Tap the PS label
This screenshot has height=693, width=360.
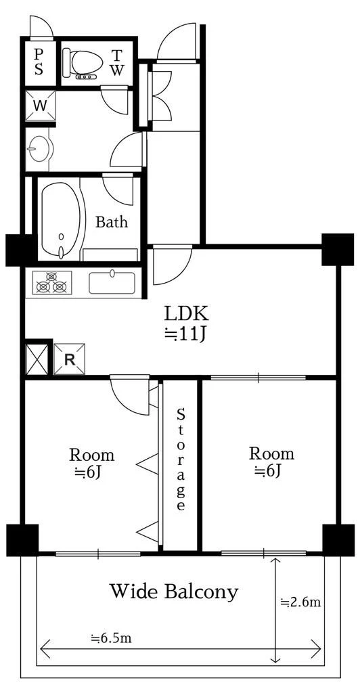(39, 62)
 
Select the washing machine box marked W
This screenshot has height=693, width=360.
(40, 105)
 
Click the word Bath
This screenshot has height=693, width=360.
(112, 221)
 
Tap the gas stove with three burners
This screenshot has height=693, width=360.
(51, 283)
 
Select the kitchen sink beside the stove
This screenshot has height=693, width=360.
(112, 282)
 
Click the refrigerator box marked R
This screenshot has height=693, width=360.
(69, 359)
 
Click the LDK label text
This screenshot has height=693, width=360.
(186, 314)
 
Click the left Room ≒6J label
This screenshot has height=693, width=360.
(91, 463)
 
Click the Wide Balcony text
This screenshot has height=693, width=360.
(174, 591)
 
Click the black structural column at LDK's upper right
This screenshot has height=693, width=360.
(338, 249)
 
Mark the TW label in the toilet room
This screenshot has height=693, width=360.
(117, 62)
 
